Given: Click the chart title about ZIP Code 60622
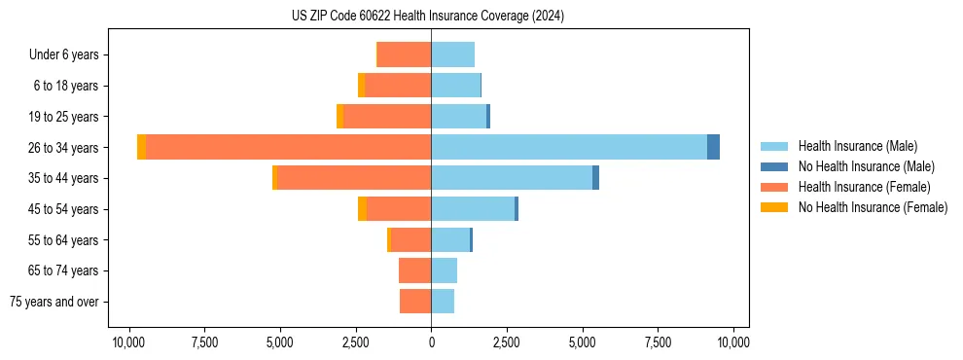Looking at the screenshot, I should (x=427, y=17).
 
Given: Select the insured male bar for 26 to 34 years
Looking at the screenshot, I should (x=569, y=147).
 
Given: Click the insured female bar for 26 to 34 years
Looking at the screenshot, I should (x=288, y=147).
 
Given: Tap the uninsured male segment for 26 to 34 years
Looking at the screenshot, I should (x=713, y=147).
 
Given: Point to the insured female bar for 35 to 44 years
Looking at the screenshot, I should (x=354, y=178).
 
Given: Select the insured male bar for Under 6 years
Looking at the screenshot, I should (x=452, y=54).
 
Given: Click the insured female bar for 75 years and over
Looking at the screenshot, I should (x=415, y=302).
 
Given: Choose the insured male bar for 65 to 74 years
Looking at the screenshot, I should (x=444, y=270).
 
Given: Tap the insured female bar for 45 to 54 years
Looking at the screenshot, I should (x=399, y=209).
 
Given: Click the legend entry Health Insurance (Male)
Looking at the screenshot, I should (x=857, y=146).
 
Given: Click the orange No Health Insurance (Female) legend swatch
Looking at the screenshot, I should (x=774, y=207).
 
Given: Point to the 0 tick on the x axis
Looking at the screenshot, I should (x=431, y=342).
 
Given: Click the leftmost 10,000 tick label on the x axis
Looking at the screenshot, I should (x=128, y=342).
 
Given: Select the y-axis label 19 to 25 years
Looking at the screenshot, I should (x=63, y=117).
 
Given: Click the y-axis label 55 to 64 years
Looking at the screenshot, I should (x=63, y=240).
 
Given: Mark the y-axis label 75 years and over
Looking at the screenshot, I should (x=54, y=302).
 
